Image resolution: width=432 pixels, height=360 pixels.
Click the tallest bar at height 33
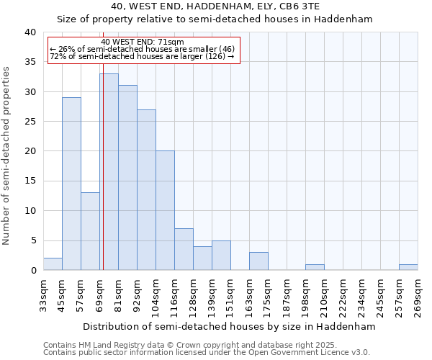(109, 172)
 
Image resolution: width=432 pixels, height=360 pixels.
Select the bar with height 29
(71, 184)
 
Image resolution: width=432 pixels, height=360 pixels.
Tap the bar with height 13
(90, 231)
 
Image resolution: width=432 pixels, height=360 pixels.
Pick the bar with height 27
(146, 190)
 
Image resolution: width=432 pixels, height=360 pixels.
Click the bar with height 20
(165, 210)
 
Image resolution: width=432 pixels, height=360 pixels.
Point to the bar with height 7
(184, 249)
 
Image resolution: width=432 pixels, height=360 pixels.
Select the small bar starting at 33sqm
(53, 264)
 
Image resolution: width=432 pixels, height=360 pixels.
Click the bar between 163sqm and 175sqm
(258, 261)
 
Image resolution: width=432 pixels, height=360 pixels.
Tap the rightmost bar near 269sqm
(408, 267)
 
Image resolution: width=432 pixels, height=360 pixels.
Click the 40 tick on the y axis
(31, 32)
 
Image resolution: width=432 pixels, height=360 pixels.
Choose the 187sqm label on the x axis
(287, 297)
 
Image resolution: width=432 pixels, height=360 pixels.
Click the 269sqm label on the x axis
(418, 297)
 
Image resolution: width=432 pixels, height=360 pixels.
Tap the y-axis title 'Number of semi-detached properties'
(7, 155)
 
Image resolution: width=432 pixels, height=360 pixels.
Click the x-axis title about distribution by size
(229, 326)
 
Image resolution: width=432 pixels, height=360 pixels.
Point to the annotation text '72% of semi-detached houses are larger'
(142, 56)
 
